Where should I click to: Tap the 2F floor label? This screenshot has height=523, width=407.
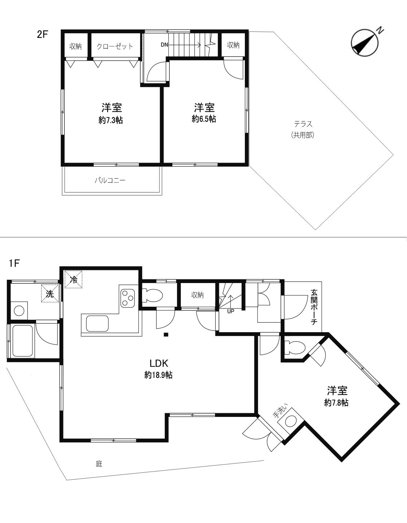tap(43, 35)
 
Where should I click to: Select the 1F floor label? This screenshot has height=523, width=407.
tap(14, 264)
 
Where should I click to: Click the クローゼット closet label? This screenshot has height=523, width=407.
tap(115, 46)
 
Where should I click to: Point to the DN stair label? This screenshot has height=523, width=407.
tap(164, 44)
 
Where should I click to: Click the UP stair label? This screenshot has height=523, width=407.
tap(231, 311)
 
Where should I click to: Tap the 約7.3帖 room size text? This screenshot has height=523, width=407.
tap(110, 120)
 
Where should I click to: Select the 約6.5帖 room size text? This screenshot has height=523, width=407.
tap(204, 119)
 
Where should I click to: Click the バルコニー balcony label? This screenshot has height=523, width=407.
tap(110, 180)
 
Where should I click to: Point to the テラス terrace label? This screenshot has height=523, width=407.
tap(303, 124)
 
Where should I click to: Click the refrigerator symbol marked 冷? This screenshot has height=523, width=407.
tap(74, 279)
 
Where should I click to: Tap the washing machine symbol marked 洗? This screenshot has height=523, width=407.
tap(50, 293)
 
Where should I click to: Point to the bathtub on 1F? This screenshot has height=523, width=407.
tap(22, 341)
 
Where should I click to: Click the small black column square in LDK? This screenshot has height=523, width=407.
tap(166, 334)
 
